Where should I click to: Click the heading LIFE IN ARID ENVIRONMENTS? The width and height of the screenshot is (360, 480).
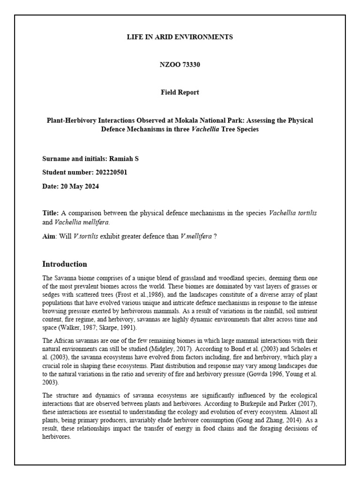[x=180, y=37]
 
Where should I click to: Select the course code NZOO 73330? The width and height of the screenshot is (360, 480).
[x=180, y=65]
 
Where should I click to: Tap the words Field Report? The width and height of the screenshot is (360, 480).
[x=180, y=92]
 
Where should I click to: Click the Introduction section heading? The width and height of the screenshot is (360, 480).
[x=65, y=264]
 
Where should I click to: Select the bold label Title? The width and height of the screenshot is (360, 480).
[x=51, y=213]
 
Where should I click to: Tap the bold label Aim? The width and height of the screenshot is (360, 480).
[x=48, y=236]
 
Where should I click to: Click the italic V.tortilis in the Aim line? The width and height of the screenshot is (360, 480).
[x=85, y=236]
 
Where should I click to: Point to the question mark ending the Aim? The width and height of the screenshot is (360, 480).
[x=215, y=236]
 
